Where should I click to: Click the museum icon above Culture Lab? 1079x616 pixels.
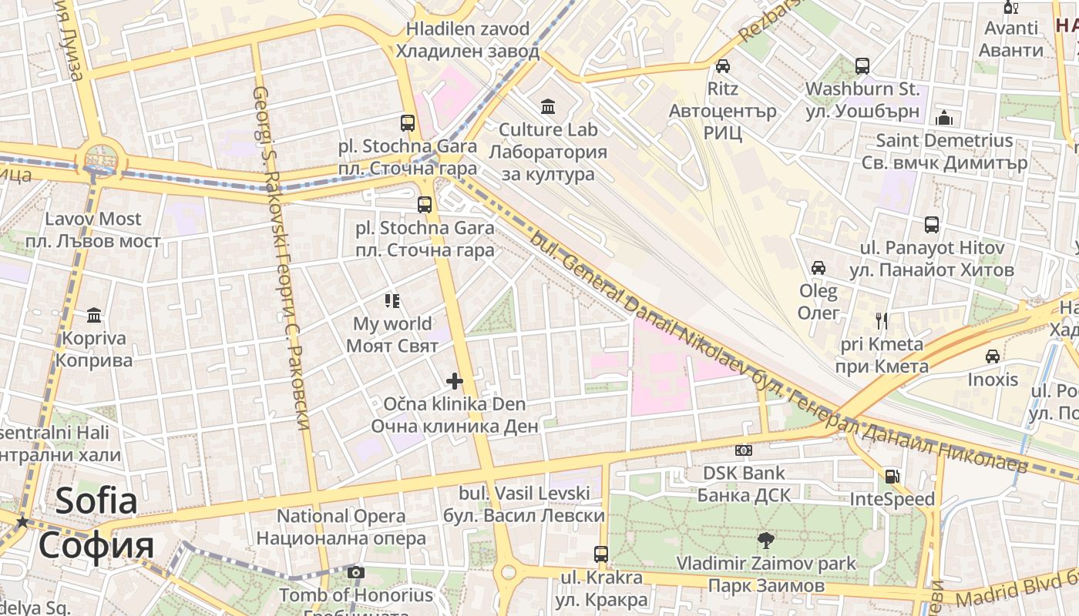click(548, 105)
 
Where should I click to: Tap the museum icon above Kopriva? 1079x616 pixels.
click(95, 315)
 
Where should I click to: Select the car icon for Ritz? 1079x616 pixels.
click(722, 66)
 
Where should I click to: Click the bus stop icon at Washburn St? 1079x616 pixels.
click(862, 66)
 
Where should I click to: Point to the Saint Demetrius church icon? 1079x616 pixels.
click(944, 118)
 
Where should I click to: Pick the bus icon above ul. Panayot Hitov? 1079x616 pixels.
click(932, 225)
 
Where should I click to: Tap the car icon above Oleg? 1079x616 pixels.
click(818, 268)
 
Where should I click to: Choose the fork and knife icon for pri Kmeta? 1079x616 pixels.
click(882, 320)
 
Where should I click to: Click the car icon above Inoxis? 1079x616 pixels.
click(993, 357)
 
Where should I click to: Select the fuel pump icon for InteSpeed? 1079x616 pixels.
click(892, 477)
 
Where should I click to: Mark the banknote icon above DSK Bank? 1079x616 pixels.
click(744, 450)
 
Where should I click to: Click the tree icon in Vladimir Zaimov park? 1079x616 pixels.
click(765, 540)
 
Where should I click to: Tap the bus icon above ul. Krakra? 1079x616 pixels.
click(601, 554)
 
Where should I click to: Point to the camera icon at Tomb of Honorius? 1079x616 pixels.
click(355, 572)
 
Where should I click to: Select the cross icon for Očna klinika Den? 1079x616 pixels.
click(455, 380)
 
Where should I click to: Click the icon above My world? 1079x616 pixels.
click(392, 300)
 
